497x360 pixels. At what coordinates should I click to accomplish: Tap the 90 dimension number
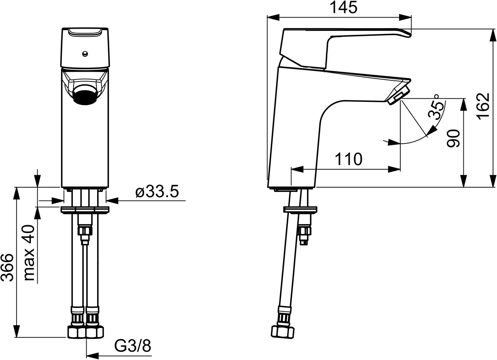(453, 137)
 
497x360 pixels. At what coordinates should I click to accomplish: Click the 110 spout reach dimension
(349, 159)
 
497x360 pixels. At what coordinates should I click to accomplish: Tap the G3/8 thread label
(133, 346)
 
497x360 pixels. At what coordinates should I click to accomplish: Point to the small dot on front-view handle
(85, 54)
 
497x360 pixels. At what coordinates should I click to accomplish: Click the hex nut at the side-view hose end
(282, 331)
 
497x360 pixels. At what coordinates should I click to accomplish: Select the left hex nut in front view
(76, 332)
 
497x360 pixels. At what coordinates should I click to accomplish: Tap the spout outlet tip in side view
(399, 96)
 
